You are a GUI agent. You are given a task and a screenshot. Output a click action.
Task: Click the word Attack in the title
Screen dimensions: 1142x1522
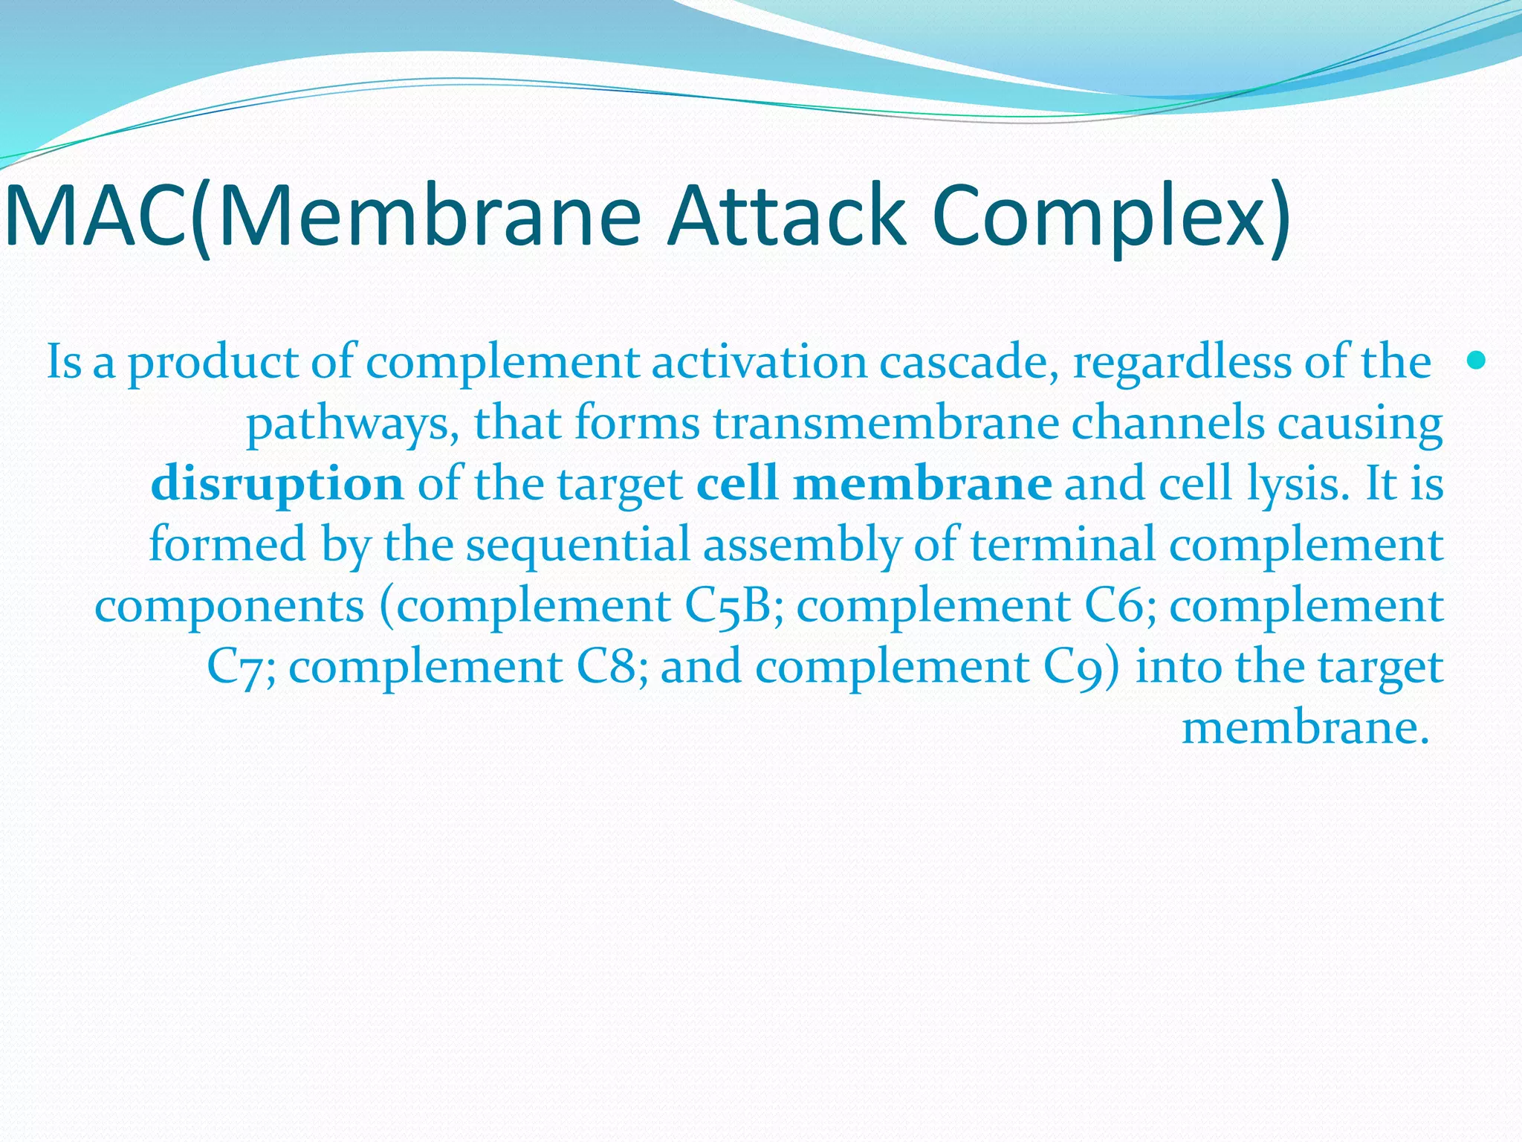coord(786,216)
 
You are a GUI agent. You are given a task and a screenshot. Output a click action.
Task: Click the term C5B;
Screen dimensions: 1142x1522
coord(734,606)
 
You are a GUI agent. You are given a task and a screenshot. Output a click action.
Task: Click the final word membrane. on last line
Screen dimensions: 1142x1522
coord(1305,728)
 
